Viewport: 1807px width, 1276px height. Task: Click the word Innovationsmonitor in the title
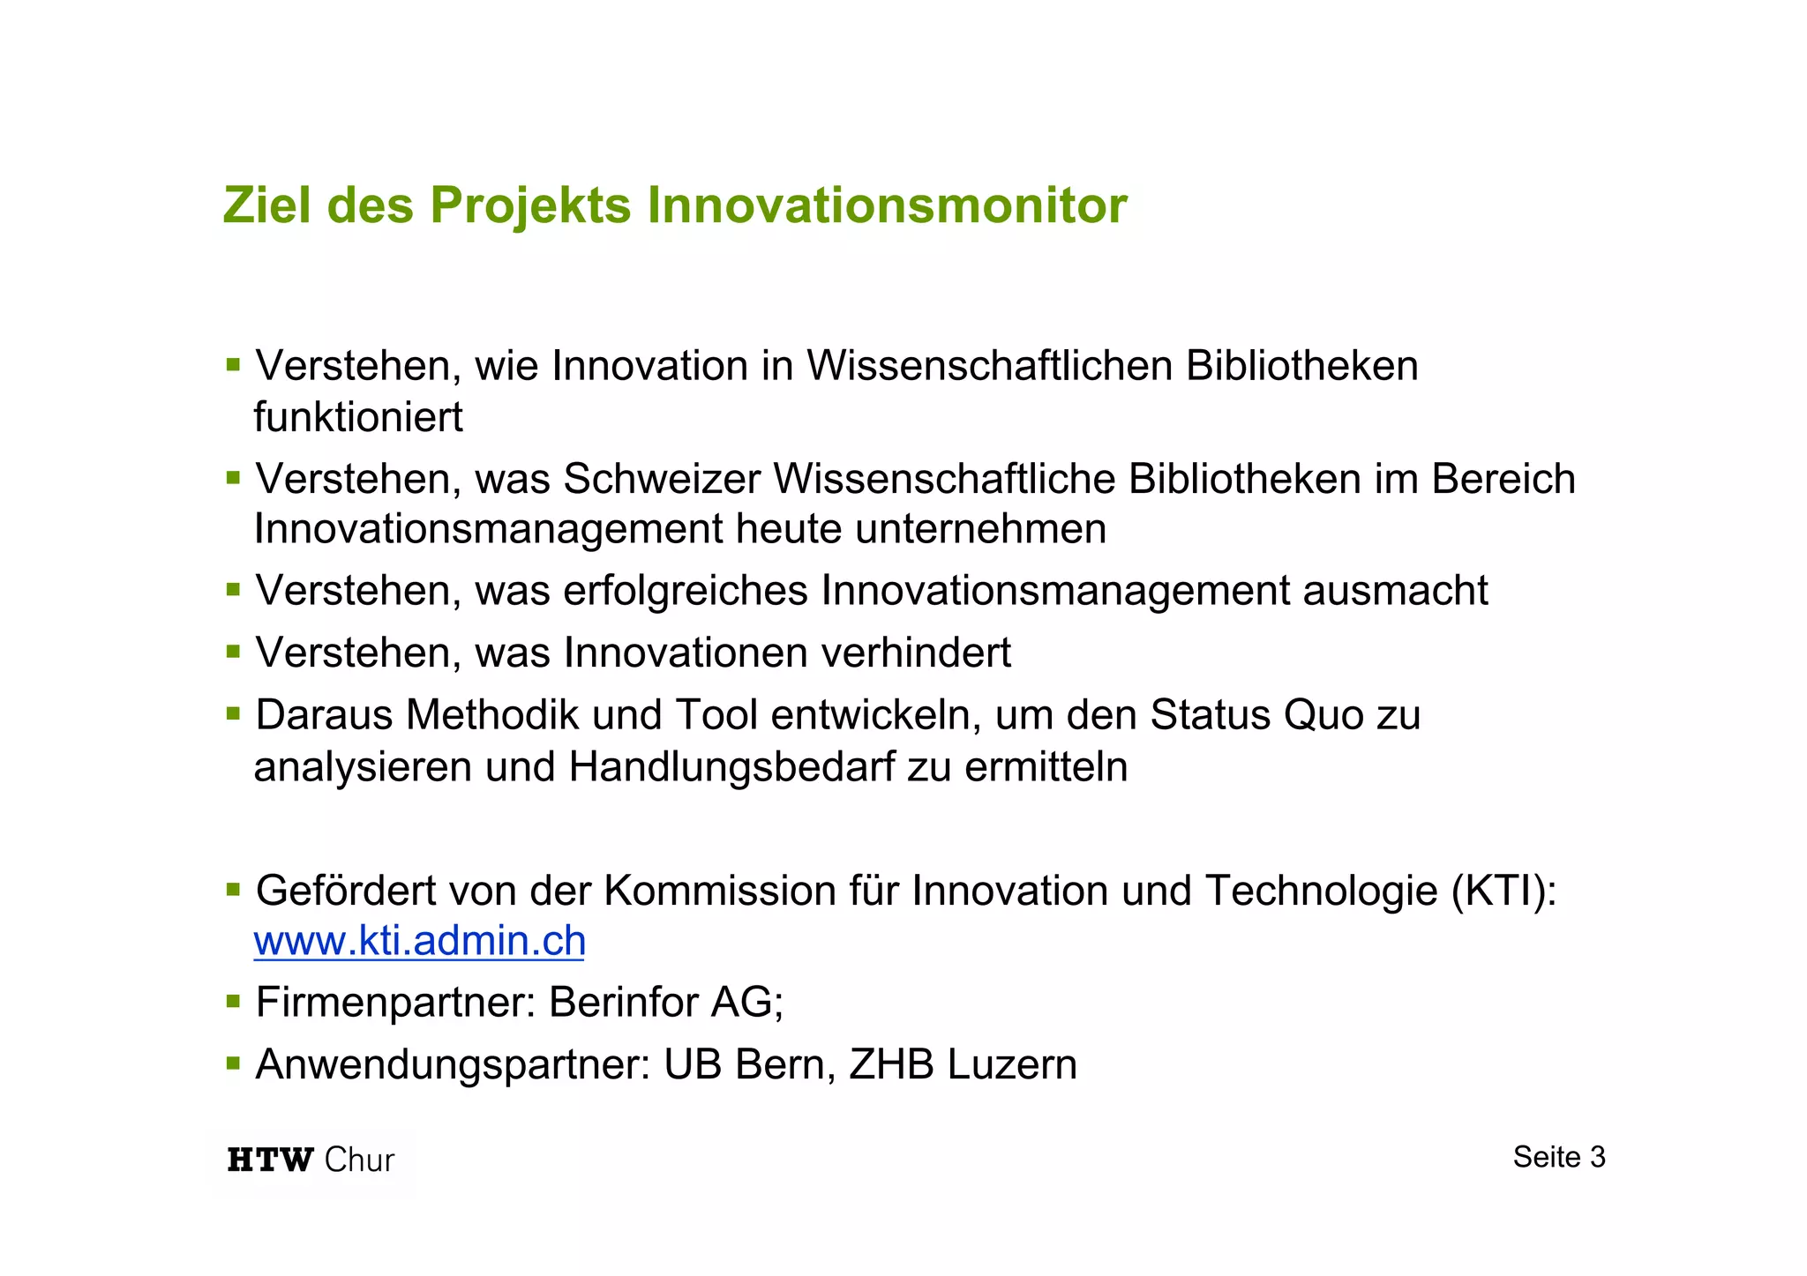tap(887, 205)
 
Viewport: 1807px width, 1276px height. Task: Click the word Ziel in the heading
tap(266, 205)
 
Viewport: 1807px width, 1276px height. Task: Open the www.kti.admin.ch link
tap(419, 941)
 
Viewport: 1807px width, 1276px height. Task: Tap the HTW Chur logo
tap(311, 1159)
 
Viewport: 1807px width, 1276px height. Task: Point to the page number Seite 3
tap(1559, 1157)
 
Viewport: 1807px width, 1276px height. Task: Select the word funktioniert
tap(358, 417)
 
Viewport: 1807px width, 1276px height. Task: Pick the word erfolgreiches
tap(686, 591)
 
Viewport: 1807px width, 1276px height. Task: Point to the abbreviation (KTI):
tap(1503, 891)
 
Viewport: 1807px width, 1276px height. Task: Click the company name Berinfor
tap(623, 1003)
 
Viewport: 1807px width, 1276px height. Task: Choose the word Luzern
tap(1012, 1064)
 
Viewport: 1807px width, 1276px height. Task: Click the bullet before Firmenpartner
tap(233, 1001)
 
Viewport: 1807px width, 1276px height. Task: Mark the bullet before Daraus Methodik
tap(233, 713)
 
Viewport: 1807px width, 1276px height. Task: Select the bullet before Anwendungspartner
tap(233, 1063)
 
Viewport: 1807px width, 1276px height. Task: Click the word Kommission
tap(720, 891)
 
